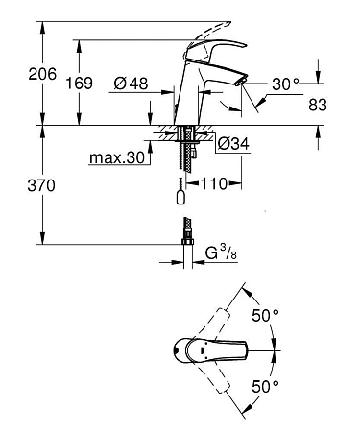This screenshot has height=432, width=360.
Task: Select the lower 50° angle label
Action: pyautogui.click(x=266, y=386)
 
